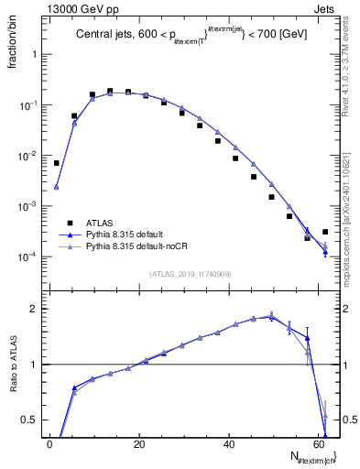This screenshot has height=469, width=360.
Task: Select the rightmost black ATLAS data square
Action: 325,232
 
